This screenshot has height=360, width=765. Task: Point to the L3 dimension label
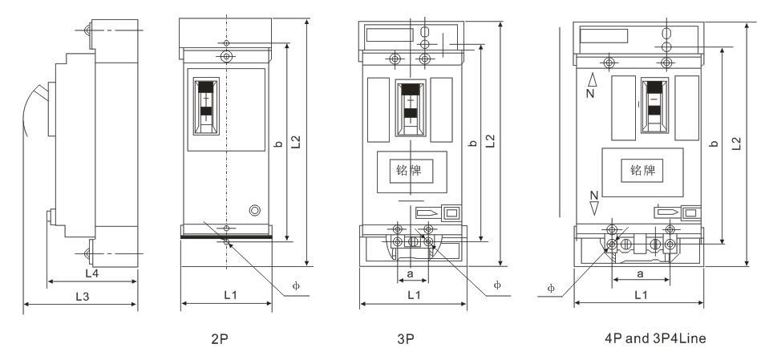coord(82,297)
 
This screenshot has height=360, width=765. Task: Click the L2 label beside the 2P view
coord(296,142)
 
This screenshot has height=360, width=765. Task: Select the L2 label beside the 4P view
coord(736,142)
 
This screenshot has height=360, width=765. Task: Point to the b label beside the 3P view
coord(473,144)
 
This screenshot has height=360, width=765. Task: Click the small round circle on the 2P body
coord(255,210)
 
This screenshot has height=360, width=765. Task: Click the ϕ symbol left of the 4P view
coord(551,287)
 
